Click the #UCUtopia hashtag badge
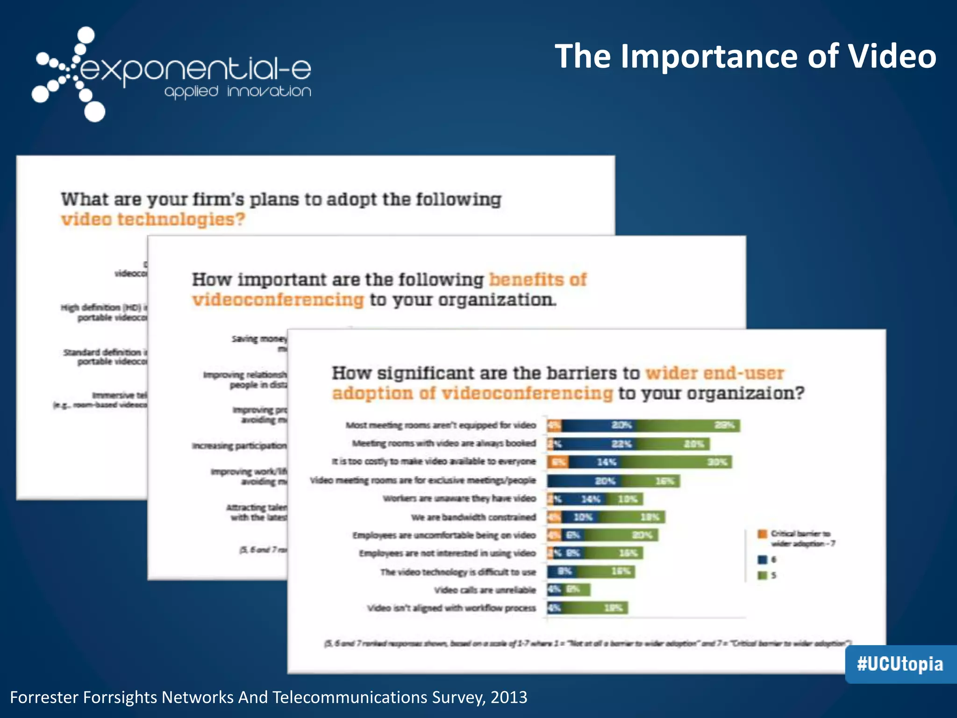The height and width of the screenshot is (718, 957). pyautogui.click(x=900, y=664)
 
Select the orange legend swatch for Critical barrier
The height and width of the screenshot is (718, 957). pyautogui.click(x=763, y=534)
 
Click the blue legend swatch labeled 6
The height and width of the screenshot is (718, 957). pyautogui.click(x=763, y=560)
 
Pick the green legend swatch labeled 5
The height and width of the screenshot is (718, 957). pyautogui.click(x=763, y=575)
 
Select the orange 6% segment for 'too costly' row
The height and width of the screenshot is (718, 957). pyautogui.click(x=558, y=462)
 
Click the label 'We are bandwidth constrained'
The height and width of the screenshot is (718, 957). pyautogui.click(x=473, y=517)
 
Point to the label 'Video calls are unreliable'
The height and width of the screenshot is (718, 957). pyautogui.click(x=485, y=590)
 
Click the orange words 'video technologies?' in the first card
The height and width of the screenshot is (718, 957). pyautogui.click(x=153, y=219)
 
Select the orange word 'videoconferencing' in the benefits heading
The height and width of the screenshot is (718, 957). pyautogui.click(x=278, y=300)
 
